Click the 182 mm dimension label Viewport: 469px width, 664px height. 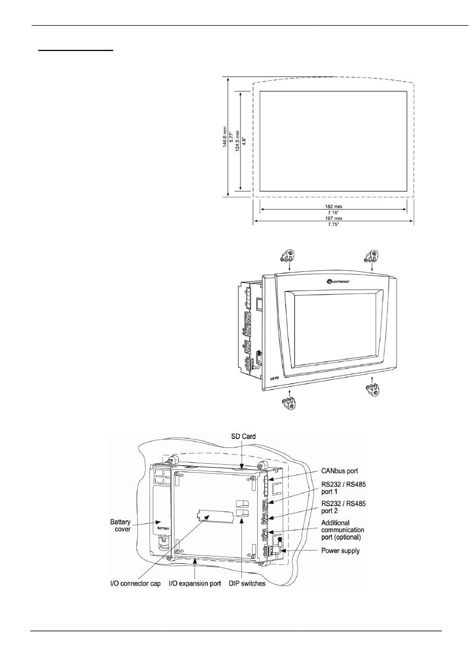334,206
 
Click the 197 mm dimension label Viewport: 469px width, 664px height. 334,218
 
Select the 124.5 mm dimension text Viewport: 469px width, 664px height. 237,141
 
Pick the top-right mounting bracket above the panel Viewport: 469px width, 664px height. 371,256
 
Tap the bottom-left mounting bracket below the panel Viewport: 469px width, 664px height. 288,406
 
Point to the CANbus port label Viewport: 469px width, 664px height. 340,471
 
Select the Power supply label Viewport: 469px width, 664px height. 341,551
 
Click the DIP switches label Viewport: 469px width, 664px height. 247,584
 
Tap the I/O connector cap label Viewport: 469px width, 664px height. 135,584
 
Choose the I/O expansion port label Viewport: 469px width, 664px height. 195,584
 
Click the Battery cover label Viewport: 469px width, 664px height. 120,525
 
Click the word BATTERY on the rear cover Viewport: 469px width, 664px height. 163,527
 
